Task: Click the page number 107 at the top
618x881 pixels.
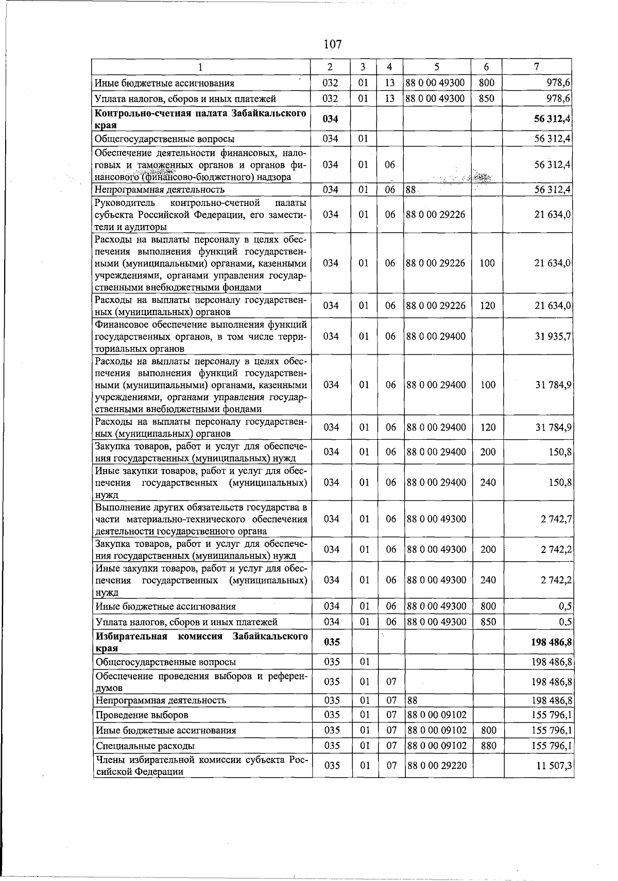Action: coord(333,44)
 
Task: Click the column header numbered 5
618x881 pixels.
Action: coord(437,67)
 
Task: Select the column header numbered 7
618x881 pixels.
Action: coord(537,67)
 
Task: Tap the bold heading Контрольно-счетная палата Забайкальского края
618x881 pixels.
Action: coord(201,119)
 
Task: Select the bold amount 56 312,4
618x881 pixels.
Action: coord(553,119)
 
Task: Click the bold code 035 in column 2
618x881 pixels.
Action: coord(331,642)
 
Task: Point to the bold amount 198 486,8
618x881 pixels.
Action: coord(550,642)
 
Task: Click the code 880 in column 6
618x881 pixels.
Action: coord(488,745)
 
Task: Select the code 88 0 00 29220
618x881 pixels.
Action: coord(436,766)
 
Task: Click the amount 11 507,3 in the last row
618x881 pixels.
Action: coord(554,766)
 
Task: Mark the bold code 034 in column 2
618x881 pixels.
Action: coord(331,119)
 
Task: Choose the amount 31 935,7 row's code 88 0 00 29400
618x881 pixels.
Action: coord(436,336)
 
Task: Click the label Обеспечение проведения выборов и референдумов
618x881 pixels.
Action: coord(201,681)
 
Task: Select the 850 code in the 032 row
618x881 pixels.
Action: coord(487,98)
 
